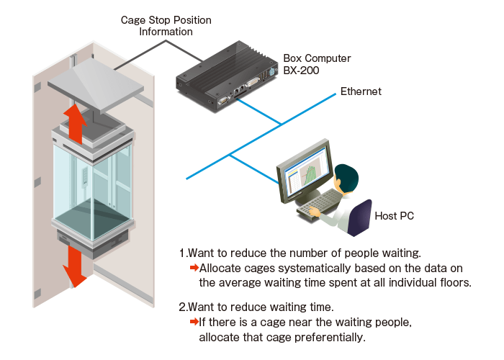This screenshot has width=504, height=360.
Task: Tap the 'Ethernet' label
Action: pos(361,91)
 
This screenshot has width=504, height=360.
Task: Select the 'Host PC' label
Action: pos(395,215)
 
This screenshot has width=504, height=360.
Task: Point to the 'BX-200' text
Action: pos(300,72)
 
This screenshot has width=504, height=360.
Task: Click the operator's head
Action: pos(346,177)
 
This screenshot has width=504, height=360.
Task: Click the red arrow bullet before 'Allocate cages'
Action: pos(194,268)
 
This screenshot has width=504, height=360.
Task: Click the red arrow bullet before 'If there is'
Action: pos(194,322)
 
